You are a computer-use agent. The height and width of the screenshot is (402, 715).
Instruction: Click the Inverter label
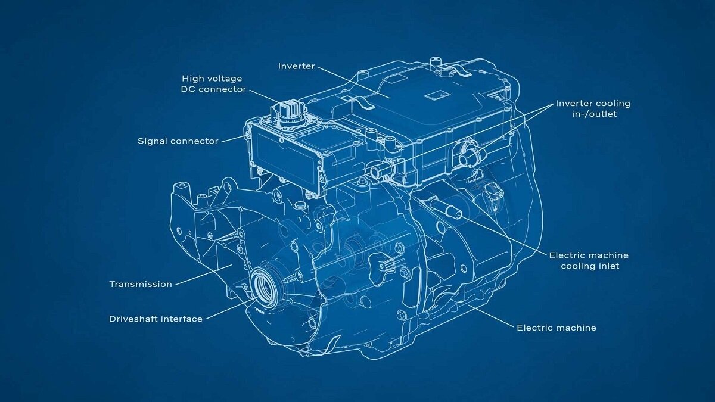point(297,66)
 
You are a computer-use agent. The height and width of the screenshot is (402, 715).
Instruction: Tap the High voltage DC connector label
point(213,83)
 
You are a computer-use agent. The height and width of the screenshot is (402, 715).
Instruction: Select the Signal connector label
point(178,141)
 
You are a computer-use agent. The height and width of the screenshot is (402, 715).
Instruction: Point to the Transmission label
point(141,284)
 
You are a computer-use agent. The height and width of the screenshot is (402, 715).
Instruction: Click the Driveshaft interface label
point(156,319)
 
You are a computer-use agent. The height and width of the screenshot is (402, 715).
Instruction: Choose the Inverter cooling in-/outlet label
point(593,109)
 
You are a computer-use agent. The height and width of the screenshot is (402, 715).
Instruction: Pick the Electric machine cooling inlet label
point(589,261)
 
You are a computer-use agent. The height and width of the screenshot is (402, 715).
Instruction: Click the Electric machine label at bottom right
point(557,328)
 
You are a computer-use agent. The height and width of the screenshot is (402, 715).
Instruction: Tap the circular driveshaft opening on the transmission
point(263,286)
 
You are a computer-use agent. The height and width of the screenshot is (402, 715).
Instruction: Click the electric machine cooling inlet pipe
point(446,207)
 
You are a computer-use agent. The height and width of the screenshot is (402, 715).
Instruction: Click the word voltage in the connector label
point(226,79)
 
